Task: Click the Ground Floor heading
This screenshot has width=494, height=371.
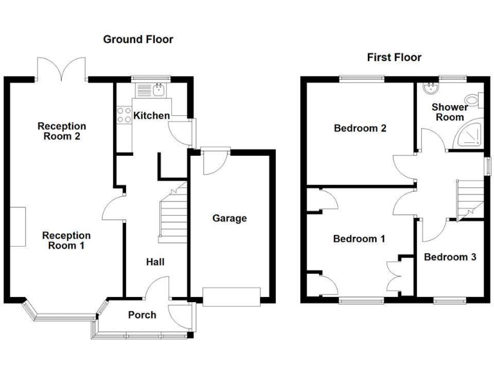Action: pos(138,39)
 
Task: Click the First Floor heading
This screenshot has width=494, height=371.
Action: pos(394,57)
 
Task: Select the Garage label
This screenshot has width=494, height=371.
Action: pos(230,218)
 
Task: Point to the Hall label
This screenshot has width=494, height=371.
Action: pos(155,262)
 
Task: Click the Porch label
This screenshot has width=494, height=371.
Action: pos(142,315)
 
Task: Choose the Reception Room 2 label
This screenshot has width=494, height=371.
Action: pos(61,131)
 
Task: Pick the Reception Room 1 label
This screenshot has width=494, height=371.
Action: pos(67,240)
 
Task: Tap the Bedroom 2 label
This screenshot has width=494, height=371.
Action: pos(360,128)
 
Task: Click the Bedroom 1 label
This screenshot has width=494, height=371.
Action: pos(359,238)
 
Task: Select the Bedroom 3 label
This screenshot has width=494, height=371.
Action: pos(450,257)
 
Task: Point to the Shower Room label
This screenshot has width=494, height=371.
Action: pos(450,112)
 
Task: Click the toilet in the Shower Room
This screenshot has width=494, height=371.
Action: pos(474,100)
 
